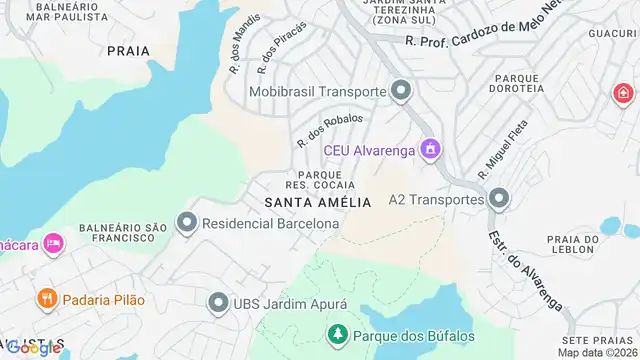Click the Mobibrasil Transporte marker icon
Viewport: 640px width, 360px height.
(x=401, y=92)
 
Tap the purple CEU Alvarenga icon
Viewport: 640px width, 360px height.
(x=431, y=150)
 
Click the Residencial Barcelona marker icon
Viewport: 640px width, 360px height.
(x=186, y=224)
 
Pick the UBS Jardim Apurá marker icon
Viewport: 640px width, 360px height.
(x=218, y=302)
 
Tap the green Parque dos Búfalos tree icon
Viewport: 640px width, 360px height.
(x=338, y=334)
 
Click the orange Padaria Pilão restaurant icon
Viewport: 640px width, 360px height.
(x=46, y=299)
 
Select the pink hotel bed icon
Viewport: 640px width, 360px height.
(x=54, y=243)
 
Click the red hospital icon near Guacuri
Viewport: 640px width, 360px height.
(x=622, y=93)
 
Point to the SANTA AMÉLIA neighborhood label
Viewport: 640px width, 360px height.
(x=318, y=202)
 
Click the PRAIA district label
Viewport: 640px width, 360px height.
(x=128, y=51)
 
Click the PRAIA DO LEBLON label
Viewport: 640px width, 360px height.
(x=572, y=246)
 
